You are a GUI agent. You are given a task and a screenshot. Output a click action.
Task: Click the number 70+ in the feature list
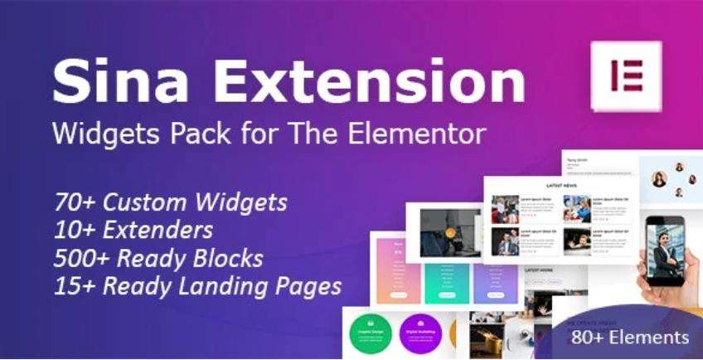pos(73,202)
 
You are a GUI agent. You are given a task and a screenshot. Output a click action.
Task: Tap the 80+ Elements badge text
pos(630,338)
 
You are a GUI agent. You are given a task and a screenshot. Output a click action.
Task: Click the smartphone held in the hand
pos(665,249)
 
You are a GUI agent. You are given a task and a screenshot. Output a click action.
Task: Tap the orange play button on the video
pos(450,233)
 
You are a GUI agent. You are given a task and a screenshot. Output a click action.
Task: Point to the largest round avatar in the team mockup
pos(660,178)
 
